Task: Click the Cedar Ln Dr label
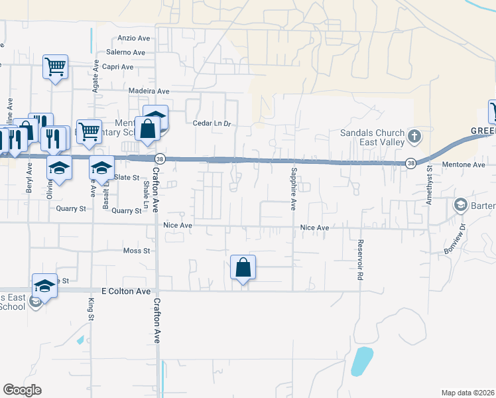211,123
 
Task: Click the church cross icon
414,137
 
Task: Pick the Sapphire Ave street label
292,189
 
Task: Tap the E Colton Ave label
126,291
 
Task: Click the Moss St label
137,251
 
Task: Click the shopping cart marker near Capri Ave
56,66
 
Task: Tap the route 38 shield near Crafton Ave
160,159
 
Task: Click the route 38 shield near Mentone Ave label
411,163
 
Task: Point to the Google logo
22,390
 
